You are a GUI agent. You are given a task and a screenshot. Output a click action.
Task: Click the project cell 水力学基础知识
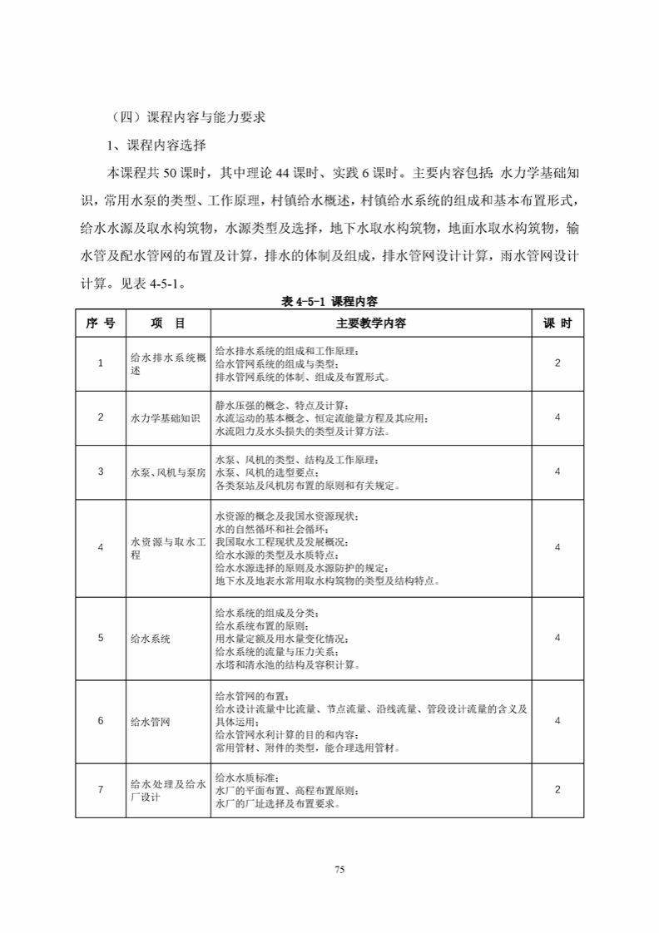(166, 417)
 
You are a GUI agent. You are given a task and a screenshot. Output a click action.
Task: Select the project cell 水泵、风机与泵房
(166, 471)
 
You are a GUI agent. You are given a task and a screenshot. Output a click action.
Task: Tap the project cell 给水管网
(151, 721)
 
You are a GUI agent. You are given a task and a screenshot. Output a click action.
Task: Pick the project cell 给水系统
(151, 638)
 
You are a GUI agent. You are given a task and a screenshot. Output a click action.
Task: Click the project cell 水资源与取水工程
(166, 547)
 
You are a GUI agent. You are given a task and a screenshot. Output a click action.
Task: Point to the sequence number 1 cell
(100, 363)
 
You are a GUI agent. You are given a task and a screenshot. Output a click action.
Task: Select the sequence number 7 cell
(100, 789)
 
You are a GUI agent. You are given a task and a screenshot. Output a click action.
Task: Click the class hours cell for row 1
(557, 363)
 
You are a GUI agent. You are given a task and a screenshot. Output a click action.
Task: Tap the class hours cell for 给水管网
(557, 720)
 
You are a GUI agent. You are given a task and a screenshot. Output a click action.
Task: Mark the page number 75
(339, 869)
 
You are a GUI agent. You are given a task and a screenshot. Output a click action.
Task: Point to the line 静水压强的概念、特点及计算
(275, 404)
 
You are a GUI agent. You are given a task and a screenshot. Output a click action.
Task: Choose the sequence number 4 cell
(100, 547)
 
